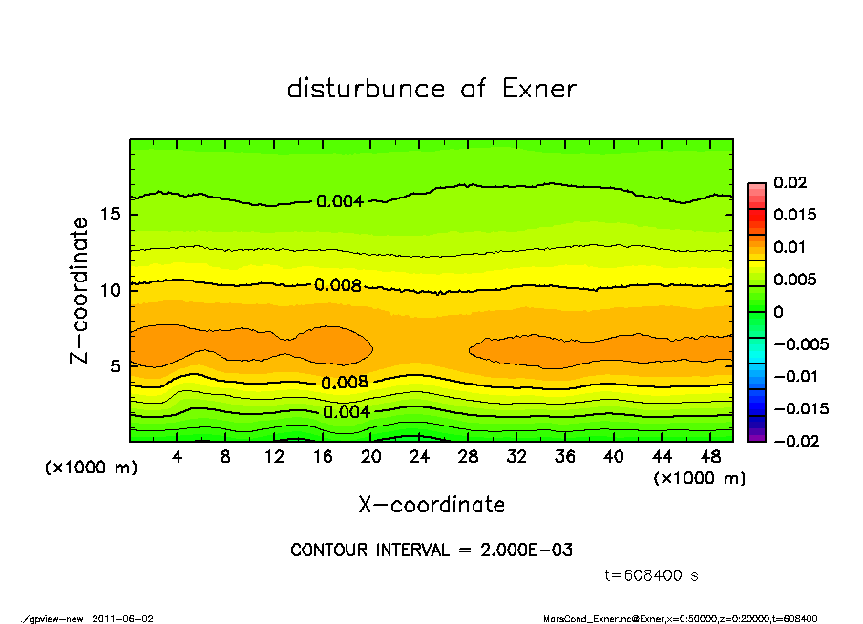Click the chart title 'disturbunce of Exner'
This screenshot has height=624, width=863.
click(x=431, y=89)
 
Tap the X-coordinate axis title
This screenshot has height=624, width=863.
click(x=431, y=505)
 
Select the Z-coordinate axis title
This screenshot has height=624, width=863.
click(x=80, y=289)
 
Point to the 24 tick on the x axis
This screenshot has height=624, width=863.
click(x=418, y=456)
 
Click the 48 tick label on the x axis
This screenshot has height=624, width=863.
click(x=707, y=456)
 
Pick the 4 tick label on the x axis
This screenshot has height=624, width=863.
click(x=178, y=456)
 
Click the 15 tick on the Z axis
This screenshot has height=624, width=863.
click(x=111, y=215)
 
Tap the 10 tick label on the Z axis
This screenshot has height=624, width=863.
click(x=111, y=290)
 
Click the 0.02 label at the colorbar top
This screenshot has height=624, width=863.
click(x=789, y=182)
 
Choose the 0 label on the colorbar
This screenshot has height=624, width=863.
click(x=778, y=312)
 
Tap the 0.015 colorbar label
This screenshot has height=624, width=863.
click(x=794, y=215)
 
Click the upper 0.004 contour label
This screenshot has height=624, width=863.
click(x=340, y=201)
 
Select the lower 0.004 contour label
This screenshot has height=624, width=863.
click(x=346, y=412)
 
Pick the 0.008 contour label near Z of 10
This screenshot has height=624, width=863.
click(x=338, y=284)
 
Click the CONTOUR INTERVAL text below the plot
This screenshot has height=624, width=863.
click(x=431, y=551)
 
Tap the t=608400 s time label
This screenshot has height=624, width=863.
click(x=653, y=576)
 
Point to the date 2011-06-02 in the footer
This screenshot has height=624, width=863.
click(x=123, y=618)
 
